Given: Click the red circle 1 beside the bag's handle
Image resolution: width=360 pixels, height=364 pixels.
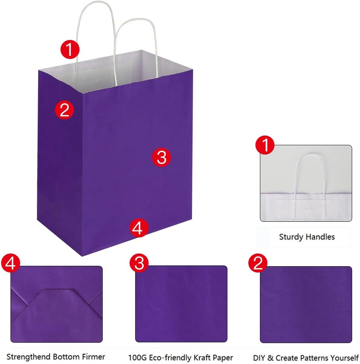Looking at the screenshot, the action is click(70, 49).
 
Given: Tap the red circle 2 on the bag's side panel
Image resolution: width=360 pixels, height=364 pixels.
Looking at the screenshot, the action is click(64, 110).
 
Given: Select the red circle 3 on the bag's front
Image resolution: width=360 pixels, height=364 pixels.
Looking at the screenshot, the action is click(161, 157).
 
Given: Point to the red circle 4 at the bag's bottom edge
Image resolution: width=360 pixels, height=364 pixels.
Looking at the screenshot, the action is click(139, 228).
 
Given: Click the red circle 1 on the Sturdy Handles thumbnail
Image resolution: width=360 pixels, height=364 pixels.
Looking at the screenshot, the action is click(265, 145).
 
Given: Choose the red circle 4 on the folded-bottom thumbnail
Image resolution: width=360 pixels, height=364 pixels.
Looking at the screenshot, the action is click(11, 263).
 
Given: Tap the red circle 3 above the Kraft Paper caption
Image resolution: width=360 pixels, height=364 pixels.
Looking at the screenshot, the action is click(139, 263).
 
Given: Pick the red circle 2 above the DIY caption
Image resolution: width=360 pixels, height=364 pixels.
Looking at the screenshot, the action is click(258, 263).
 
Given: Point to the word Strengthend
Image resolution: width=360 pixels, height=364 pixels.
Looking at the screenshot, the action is click(28, 357).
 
